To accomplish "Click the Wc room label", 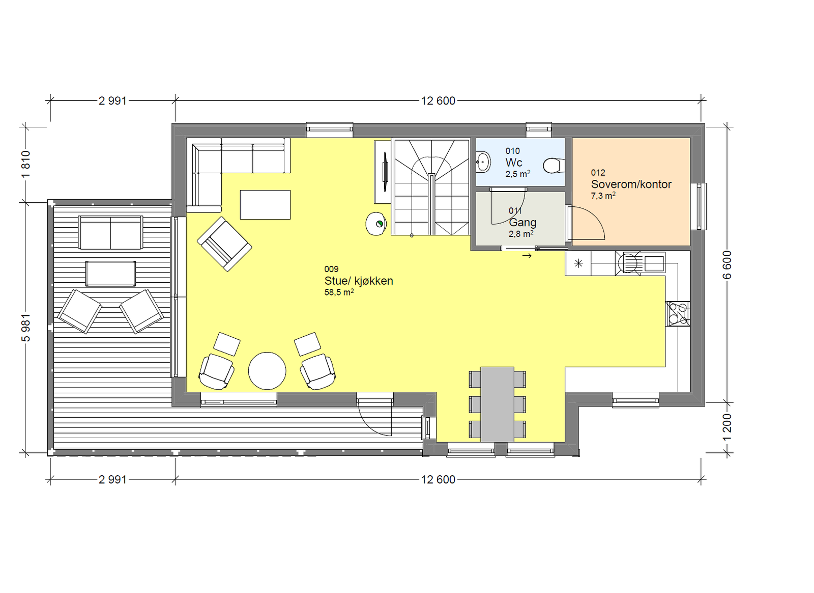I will tap(513, 163).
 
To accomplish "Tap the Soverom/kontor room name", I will tap(631, 184).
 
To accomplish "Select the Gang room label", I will tap(522, 223).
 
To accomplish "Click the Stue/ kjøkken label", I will tap(359, 281).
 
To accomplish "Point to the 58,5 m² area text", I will tap(339, 292).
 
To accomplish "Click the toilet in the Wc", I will tap(553, 165).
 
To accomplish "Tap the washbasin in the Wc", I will tap(483, 163).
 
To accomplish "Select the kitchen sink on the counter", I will tap(654, 263).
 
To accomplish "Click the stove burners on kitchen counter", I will tap(678, 313).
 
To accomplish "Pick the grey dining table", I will tap(497, 404).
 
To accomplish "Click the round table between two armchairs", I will tap(267, 371).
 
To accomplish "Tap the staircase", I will tap(431, 187).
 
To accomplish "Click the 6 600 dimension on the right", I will tap(727, 265).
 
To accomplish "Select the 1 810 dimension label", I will tap(26, 164).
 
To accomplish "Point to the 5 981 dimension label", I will tap(26, 328).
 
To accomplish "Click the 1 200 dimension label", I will tap(727, 427).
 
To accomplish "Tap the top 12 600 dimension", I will tap(438, 101).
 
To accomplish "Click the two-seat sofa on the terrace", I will tap(110, 233).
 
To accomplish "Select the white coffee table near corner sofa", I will tap(265, 205).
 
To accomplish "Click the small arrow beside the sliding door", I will tap(527, 256).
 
